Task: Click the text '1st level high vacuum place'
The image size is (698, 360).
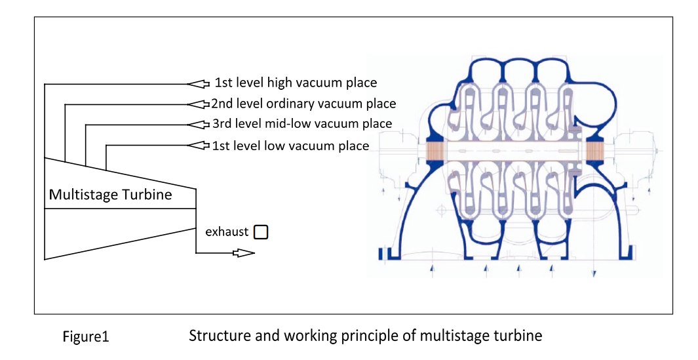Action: [296, 83]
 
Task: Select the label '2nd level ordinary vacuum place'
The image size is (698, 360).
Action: [303, 104]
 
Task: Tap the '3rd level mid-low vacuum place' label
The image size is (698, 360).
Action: [302, 123]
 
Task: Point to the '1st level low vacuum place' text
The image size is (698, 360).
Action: [290, 146]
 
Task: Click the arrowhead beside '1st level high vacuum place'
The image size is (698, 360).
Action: [198, 84]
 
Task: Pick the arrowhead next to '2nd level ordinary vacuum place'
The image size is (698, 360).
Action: [198, 104]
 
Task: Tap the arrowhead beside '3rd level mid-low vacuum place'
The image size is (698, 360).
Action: [198, 125]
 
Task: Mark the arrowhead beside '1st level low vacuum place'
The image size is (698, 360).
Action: [198, 145]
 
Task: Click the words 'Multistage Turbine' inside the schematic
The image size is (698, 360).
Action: [110, 195]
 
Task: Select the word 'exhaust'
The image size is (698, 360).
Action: [227, 231]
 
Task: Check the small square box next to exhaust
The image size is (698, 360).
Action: [261, 232]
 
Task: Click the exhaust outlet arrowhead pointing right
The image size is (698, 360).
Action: [244, 253]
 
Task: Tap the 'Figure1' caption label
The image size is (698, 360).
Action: [85, 337]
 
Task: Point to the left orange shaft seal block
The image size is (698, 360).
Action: [435, 151]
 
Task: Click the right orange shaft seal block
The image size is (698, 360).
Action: [594, 151]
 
